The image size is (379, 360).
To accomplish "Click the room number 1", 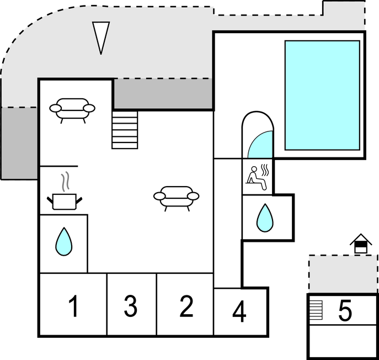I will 73,306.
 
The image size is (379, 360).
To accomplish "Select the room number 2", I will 186,306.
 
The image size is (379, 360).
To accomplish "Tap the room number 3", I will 130,306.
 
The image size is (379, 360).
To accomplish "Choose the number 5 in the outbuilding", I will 345,311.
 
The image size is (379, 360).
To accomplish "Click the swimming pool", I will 322,95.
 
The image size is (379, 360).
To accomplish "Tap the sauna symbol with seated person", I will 258,177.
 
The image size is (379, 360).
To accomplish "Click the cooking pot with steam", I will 66,200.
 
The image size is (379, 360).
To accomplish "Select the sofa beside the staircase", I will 72,109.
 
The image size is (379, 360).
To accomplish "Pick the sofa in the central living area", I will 176,198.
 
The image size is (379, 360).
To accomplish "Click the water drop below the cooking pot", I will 64,241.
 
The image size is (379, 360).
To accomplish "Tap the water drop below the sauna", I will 265,218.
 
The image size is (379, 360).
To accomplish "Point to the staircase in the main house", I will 125,129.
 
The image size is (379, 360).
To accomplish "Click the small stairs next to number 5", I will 316,309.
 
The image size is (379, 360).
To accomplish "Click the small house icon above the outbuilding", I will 361,243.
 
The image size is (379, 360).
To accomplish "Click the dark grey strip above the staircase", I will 163,94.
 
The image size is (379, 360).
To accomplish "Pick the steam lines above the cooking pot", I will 66,181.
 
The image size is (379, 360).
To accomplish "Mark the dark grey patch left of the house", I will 19,142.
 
